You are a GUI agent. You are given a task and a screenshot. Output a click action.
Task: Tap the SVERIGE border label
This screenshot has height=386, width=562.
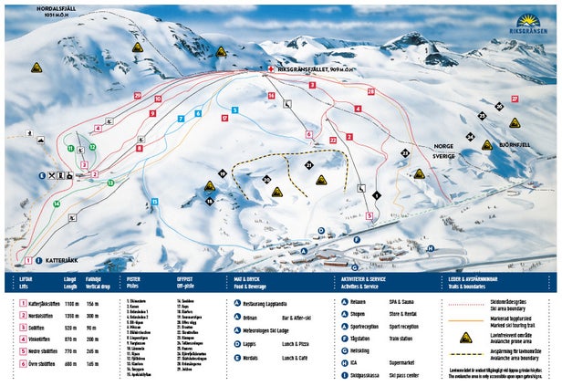[443, 156]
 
